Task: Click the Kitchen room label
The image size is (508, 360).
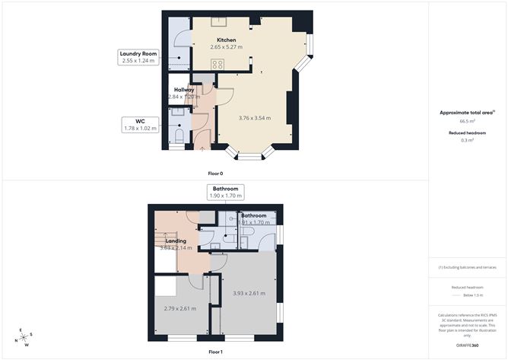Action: [x=226, y=40]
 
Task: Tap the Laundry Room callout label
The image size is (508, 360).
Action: [x=138, y=54]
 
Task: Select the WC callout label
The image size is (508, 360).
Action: [x=140, y=121]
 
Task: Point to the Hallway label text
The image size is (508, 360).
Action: [x=184, y=90]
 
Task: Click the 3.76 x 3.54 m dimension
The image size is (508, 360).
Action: [x=255, y=117]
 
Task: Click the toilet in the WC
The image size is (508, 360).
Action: [x=178, y=136]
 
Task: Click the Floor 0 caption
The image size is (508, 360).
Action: [x=215, y=174]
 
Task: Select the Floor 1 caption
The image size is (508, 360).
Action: [x=215, y=352]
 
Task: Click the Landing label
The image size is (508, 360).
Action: [x=176, y=241]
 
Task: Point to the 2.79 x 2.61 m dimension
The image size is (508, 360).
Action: [x=180, y=308]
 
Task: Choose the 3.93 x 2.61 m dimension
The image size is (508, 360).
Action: [x=247, y=294]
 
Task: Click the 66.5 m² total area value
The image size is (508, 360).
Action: [x=468, y=121]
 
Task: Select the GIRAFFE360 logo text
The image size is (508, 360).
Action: [x=467, y=345]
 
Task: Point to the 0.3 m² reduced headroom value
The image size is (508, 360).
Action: [x=468, y=140]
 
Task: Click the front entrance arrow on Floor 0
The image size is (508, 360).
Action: [x=201, y=148]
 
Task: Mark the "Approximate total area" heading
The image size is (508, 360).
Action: [x=467, y=112]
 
